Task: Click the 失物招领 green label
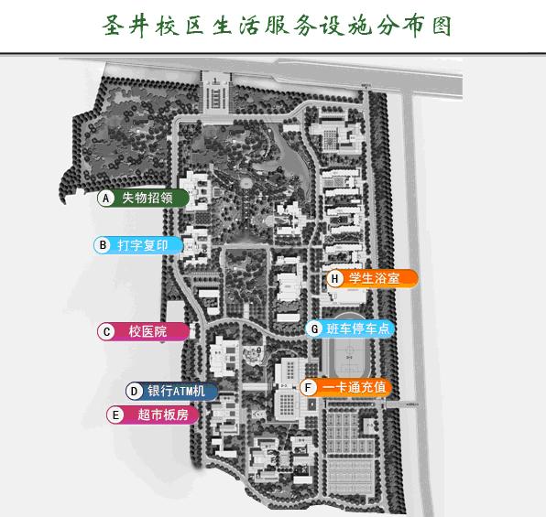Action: [x=143, y=198]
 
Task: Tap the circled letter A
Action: [x=106, y=199]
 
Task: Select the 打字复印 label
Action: [x=138, y=245]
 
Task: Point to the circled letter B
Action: [x=103, y=245]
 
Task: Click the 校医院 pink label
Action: [x=144, y=331]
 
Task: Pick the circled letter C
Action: [x=106, y=331]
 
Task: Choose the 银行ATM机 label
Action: [x=172, y=391]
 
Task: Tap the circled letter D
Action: [x=134, y=392]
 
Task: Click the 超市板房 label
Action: [x=152, y=415]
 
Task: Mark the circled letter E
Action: [x=115, y=415]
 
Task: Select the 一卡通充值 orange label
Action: [x=345, y=388]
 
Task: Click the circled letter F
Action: [x=308, y=388]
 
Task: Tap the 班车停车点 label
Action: [x=350, y=329]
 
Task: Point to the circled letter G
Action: [x=314, y=329]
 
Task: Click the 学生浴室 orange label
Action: [x=372, y=279]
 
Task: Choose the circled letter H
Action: [x=334, y=279]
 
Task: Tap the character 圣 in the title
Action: [x=114, y=26]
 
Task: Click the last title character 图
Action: [x=442, y=26]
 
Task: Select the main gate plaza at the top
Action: [x=216, y=93]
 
